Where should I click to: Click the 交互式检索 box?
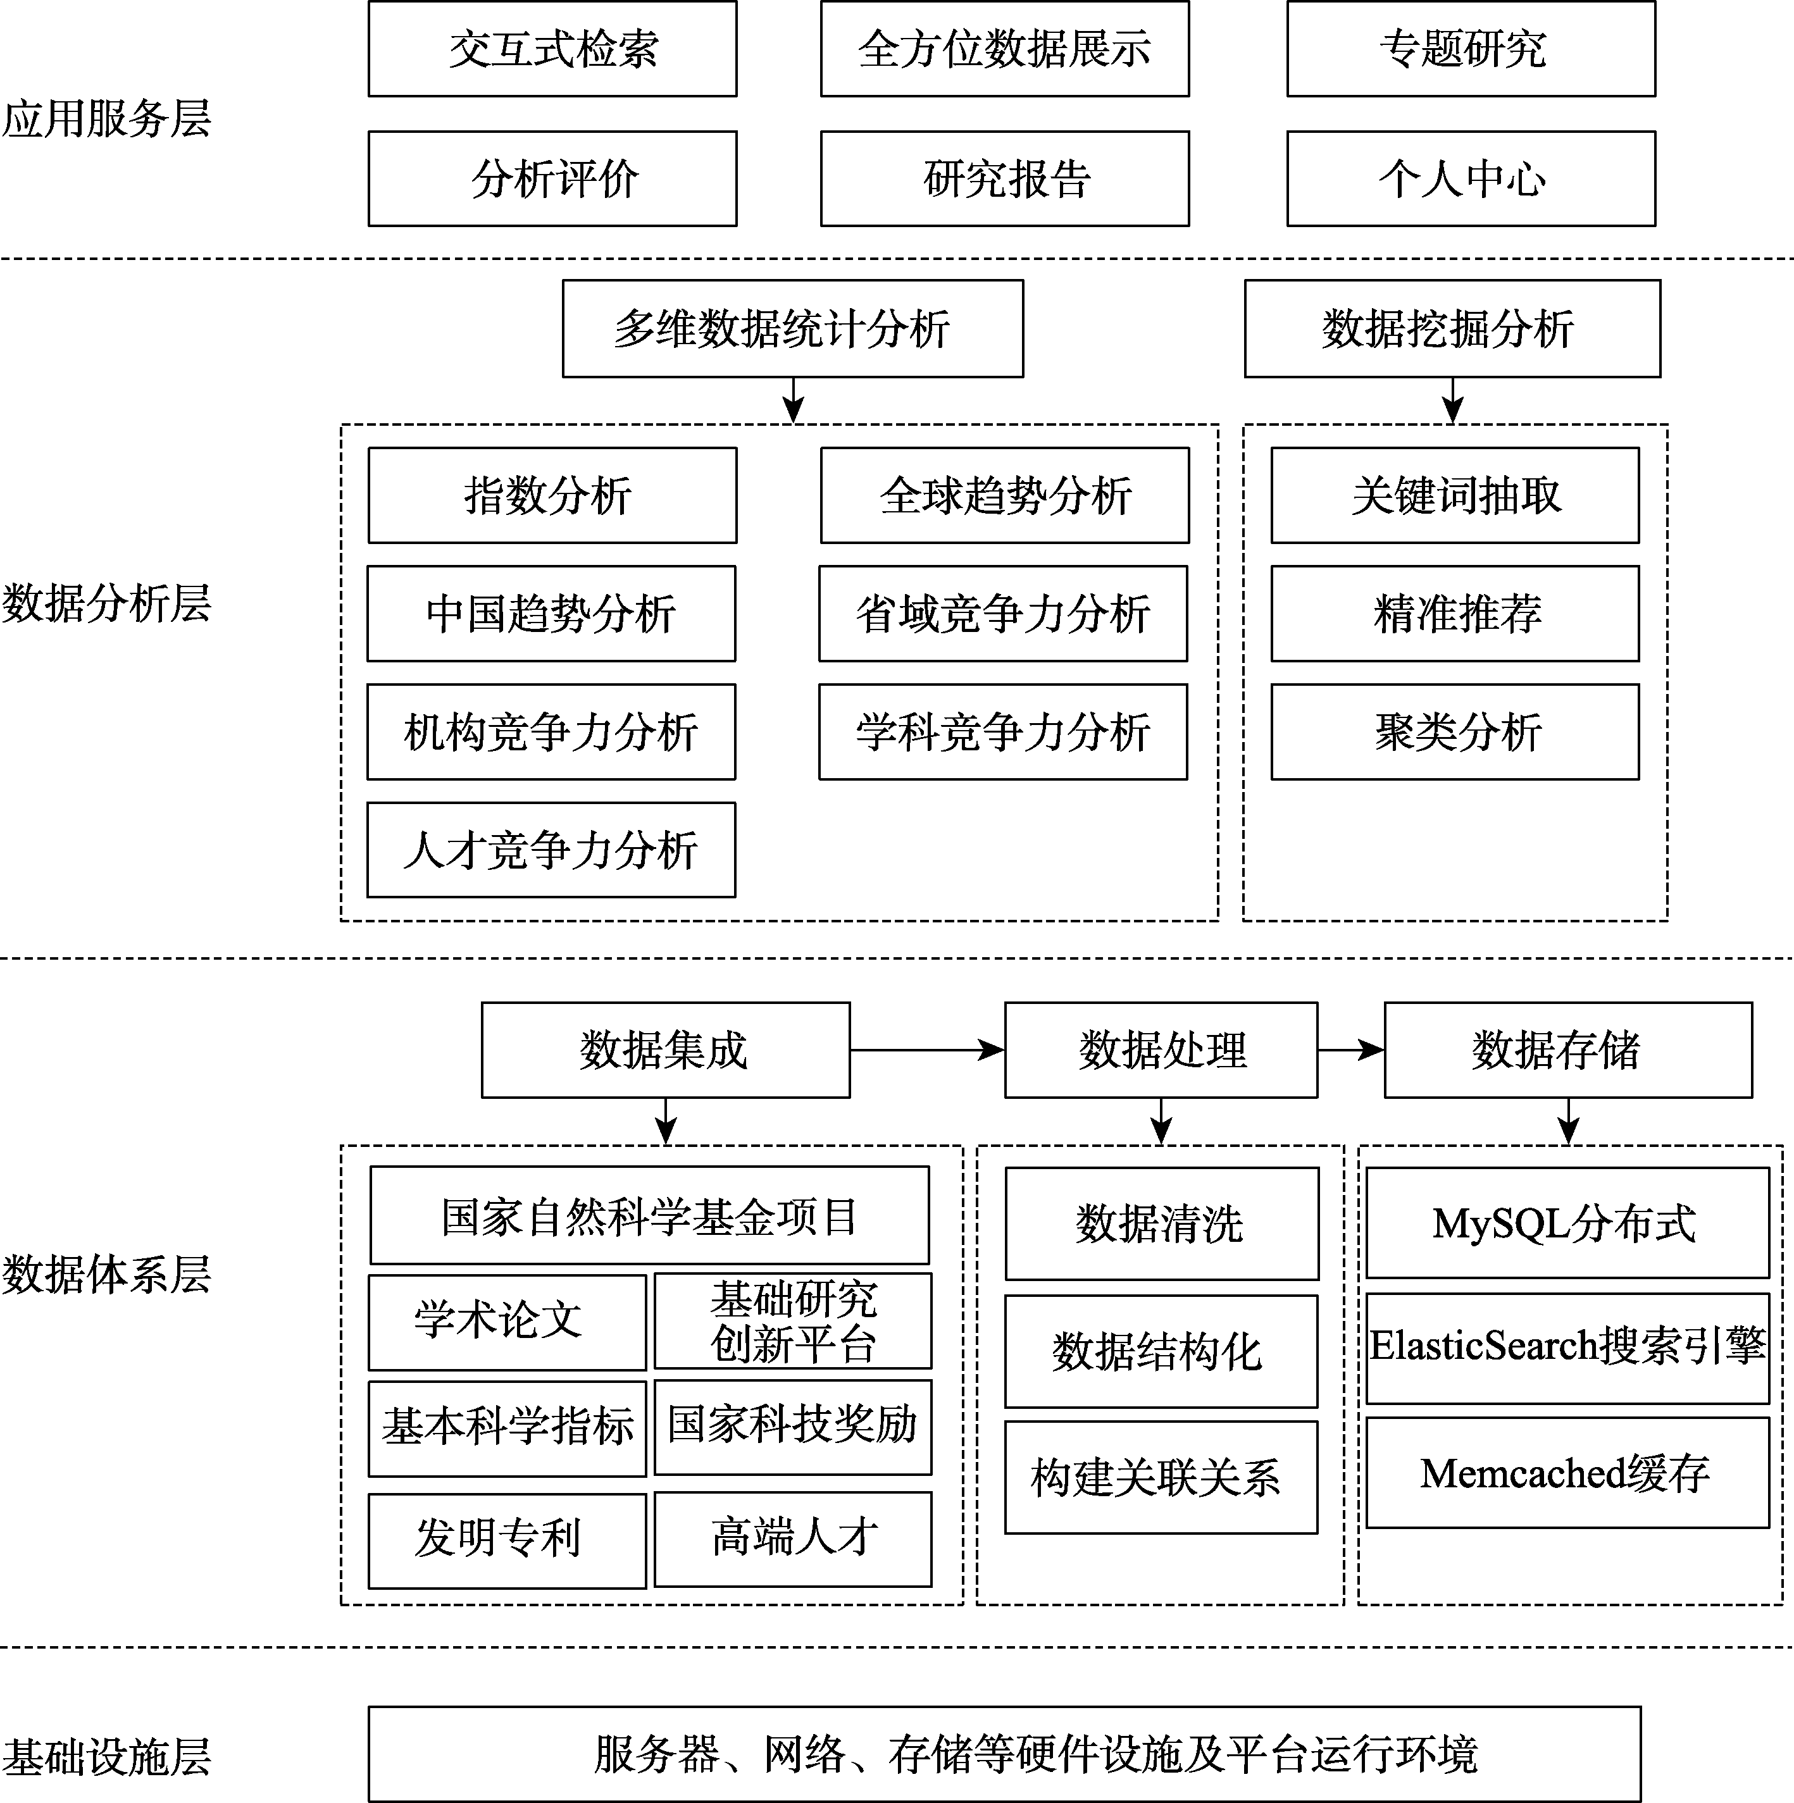coord(552,49)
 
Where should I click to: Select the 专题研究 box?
coord(1471,49)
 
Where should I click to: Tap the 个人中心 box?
coord(1471,178)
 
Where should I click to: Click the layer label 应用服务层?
coord(106,118)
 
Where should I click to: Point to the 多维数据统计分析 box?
coord(792,328)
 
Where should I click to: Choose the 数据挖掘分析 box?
coord(1452,328)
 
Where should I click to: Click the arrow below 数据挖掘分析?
coord(1452,400)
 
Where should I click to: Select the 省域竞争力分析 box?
coord(1004,613)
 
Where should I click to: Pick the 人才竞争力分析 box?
coord(551,849)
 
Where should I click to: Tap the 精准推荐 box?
coord(1455,613)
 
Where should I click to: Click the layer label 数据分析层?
coord(106,603)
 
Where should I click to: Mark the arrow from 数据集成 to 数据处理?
coord(927,1050)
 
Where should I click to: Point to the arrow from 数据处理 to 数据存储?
coord(1350,1050)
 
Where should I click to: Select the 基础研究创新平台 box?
coord(792,1320)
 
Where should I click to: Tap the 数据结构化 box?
coord(1161,1351)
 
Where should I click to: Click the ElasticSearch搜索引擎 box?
coord(1567,1348)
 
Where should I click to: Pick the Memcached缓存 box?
coord(1567,1473)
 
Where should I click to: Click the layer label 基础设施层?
coord(106,1756)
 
